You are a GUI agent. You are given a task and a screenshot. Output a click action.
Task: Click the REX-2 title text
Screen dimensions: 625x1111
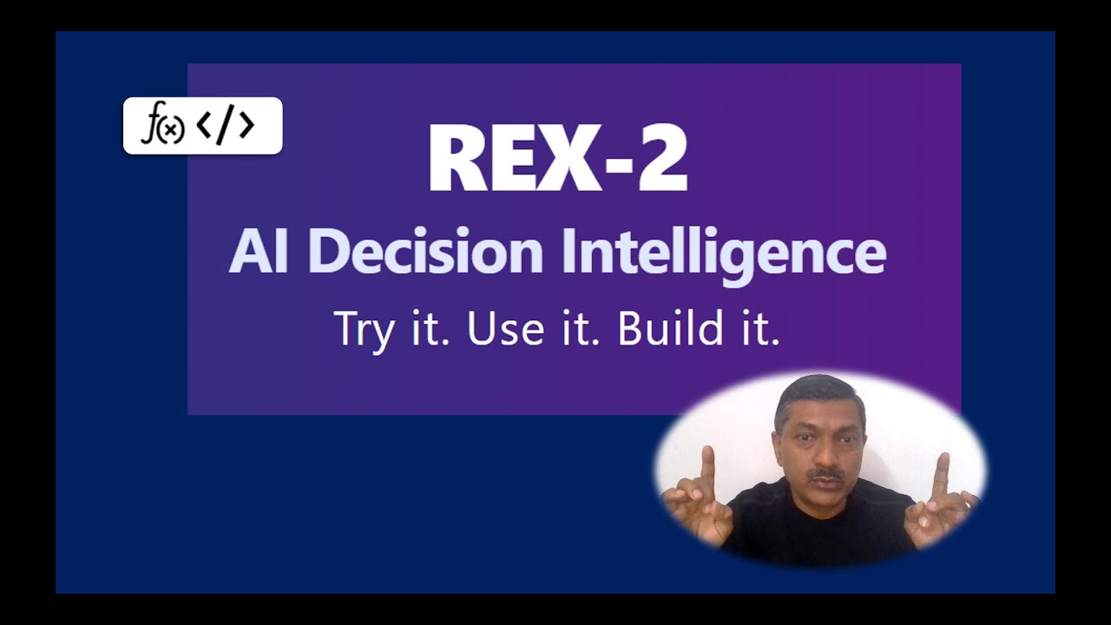[x=557, y=158]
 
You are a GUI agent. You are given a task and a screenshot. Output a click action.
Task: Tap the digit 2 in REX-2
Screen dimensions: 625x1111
[x=659, y=159]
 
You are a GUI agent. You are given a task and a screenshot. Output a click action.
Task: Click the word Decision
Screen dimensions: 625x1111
[x=425, y=253]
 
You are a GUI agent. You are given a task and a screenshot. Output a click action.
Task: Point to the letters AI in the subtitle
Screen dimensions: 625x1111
[x=258, y=253]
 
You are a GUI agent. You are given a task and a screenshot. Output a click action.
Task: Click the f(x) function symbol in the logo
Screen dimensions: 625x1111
[x=163, y=127]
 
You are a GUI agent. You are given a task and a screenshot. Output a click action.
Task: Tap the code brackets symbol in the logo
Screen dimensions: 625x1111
[x=226, y=126]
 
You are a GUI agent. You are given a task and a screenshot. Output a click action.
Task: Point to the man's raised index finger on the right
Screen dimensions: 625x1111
[x=942, y=473]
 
